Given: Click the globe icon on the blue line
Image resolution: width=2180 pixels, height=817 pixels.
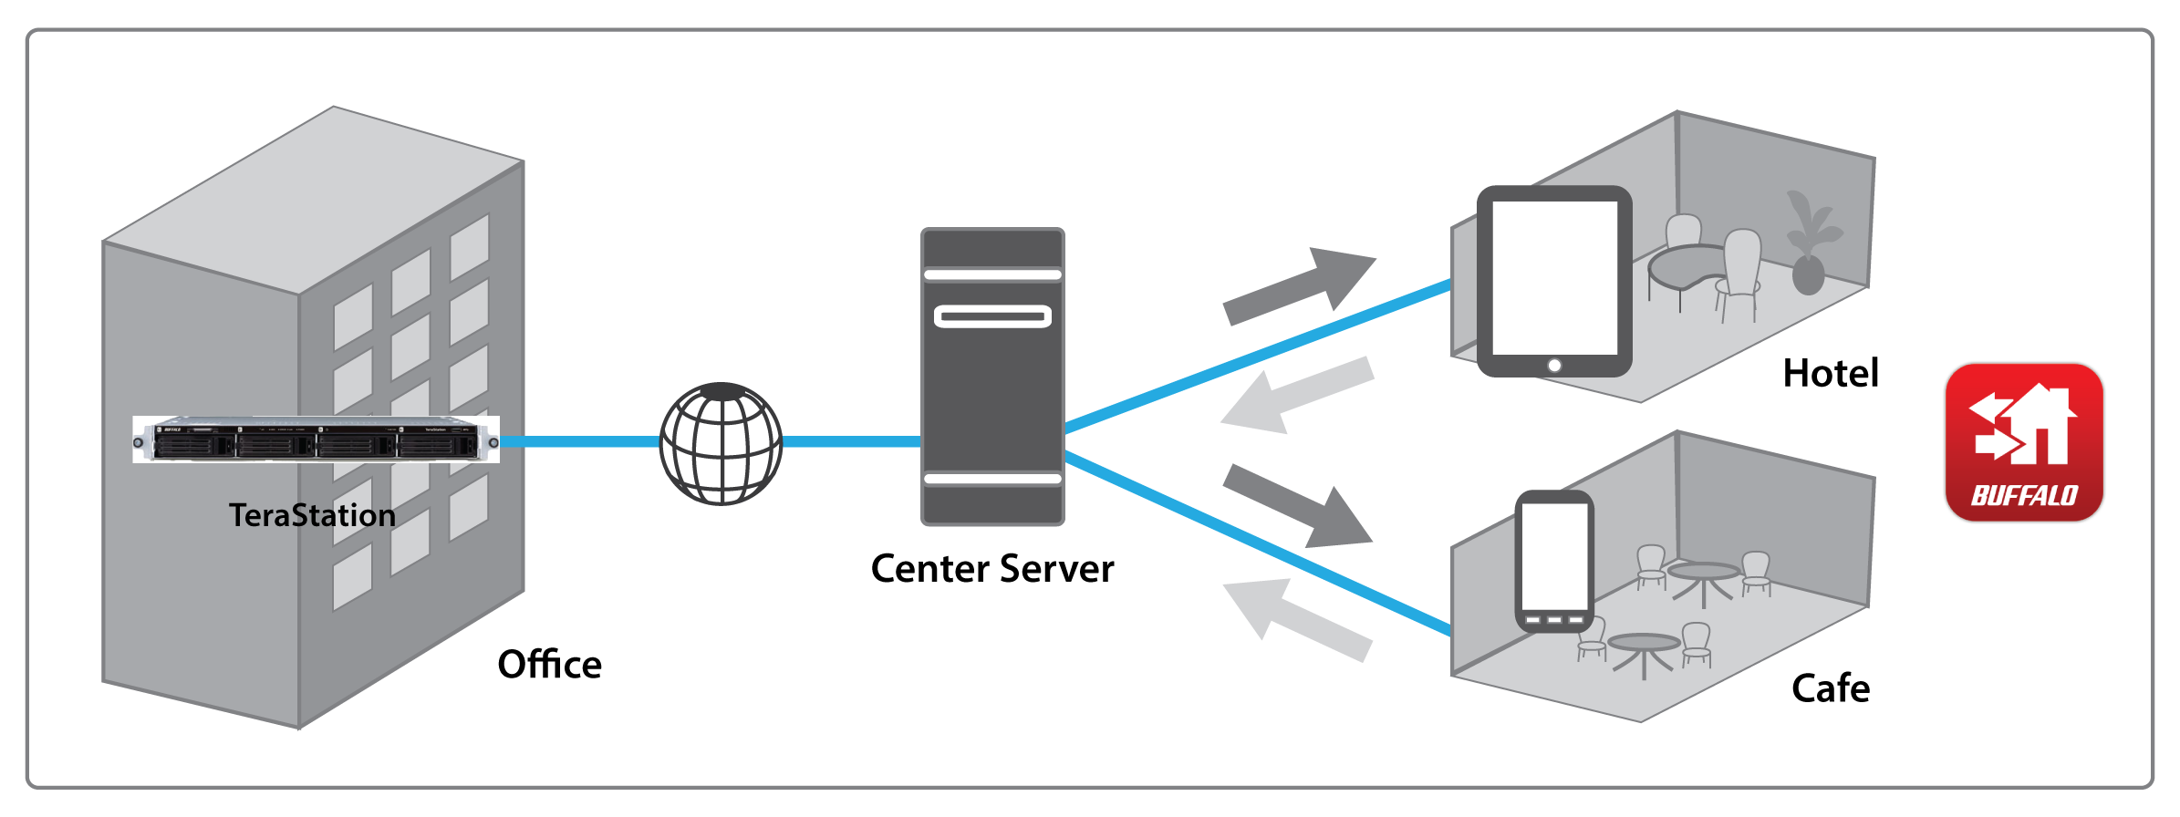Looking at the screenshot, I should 721,443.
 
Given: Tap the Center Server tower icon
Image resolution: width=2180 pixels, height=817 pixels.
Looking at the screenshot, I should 992,376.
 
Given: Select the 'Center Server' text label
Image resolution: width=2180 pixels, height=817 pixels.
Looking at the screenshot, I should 991,569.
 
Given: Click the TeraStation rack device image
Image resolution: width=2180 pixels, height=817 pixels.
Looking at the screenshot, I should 316,440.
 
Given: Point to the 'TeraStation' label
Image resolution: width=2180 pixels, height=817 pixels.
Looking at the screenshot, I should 312,515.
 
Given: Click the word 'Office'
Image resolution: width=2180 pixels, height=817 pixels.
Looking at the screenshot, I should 549,665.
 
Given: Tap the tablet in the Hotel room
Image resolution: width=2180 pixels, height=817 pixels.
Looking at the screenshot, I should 1554,281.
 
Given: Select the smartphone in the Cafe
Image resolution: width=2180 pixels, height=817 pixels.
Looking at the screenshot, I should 1554,561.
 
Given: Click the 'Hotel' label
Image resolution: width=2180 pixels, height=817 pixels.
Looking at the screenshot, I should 1830,373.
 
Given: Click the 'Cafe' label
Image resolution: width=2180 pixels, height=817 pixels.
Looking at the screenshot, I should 1830,688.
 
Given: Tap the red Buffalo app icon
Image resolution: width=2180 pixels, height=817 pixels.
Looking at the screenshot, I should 2024,442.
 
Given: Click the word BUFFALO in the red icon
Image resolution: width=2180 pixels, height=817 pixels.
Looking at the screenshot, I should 2024,496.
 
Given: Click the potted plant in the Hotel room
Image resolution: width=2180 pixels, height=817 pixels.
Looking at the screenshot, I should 1810,246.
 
